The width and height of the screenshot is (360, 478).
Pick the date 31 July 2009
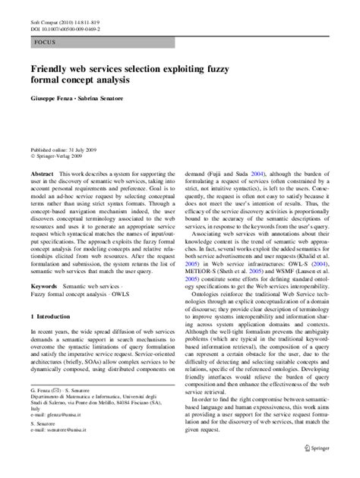87,151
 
